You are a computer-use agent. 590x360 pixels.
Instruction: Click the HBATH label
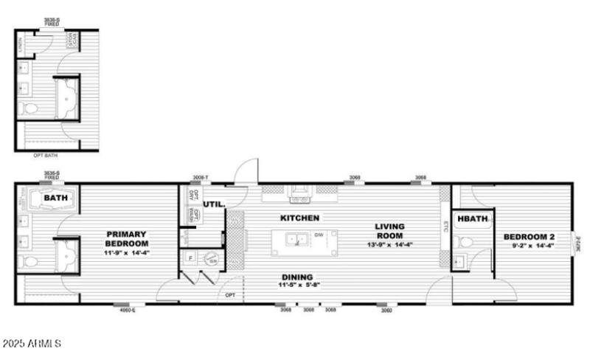(472, 218)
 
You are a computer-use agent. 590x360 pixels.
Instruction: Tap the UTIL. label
(214, 204)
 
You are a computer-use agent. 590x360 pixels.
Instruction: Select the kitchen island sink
(298, 239)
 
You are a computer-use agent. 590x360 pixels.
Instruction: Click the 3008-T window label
(201, 178)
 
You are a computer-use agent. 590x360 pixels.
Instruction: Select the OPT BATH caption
(46, 156)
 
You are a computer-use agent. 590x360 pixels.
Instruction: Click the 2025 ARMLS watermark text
(32, 344)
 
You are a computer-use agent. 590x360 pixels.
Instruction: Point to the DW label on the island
(319, 235)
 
